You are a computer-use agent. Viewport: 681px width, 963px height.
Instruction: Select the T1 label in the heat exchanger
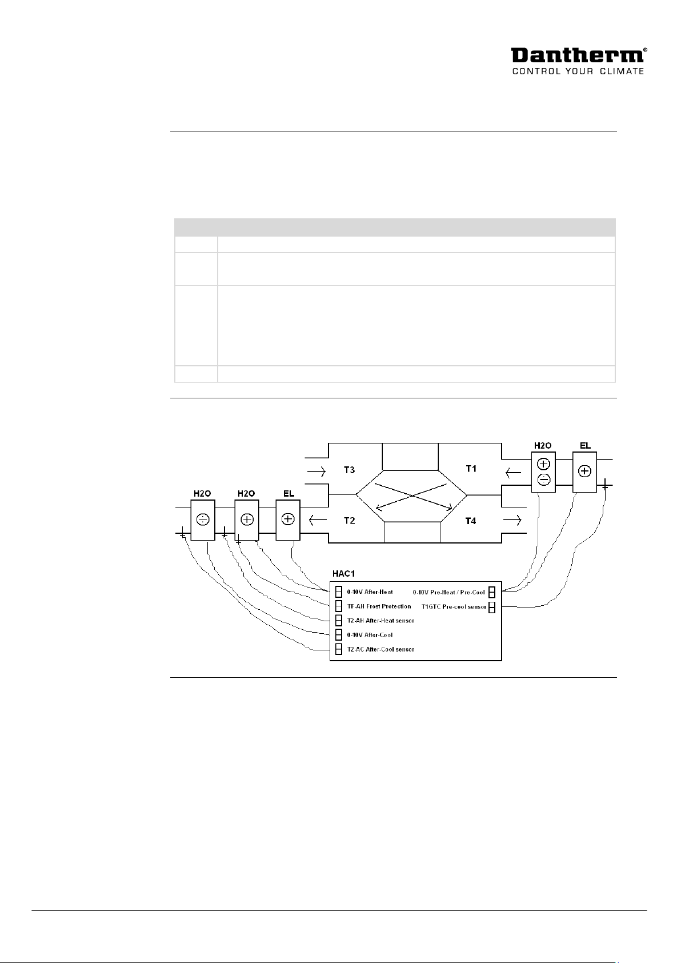pyautogui.click(x=471, y=469)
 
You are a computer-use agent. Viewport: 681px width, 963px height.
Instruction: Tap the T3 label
pyautogui.click(x=349, y=470)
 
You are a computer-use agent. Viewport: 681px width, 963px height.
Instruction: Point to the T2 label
pyautogui.click(x=349, y=521)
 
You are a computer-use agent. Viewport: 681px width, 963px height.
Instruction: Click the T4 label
pyautogui.click(x=470, y=521)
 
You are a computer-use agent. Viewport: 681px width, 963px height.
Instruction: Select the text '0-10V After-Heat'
pyautogui.click(x=370, y=592)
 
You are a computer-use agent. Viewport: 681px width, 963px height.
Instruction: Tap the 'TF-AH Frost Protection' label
pyautogui.click(x=379, y=606)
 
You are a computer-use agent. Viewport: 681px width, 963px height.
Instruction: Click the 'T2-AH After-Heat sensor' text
pyautogui.click(x=380, y=621)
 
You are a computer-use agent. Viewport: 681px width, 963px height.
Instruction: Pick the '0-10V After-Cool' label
pyautogui.click(x=370, y=635)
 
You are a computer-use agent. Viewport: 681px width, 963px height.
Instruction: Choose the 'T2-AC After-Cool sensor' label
pyautogui.click(x=380, y=649)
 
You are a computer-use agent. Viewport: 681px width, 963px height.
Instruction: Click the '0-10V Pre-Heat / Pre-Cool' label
pyautogui.click(x=448, y=592)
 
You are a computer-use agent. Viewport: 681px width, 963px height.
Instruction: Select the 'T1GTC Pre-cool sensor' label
pyautogui.click(x=454, y=606)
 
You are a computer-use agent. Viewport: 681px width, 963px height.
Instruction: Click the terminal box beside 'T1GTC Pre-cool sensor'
pyautogui.click(x=491, y=606)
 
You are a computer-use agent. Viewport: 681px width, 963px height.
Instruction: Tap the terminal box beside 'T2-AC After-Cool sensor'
pyautogui.click(x=338, y=649)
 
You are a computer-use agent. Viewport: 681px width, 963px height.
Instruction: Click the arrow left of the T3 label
pyautogui.click(x=316, y=472)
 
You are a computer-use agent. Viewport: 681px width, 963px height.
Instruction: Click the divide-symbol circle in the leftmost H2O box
pyautogui.click(x=202, y=520)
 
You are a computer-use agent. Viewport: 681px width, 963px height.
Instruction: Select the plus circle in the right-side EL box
pyautogui.click(x=584, y=471)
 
